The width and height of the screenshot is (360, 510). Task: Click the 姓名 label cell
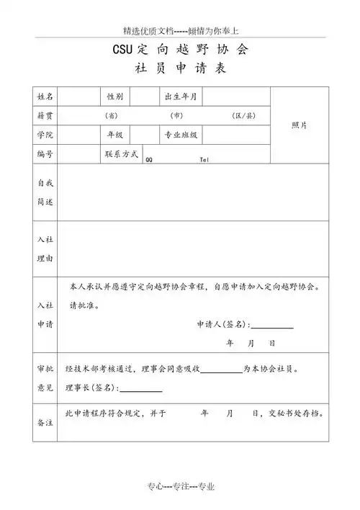point(45,97)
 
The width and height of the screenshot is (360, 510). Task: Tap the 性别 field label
point(114,97)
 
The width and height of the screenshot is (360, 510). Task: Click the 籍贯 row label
point(45,115)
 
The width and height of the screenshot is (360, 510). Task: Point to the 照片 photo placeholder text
point(299,125)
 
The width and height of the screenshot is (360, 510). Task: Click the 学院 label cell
point(45,135)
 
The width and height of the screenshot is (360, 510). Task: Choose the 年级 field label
point(114,135)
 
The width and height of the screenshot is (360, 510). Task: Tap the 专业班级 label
point(182,135)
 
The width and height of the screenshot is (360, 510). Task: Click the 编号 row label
point(45,154)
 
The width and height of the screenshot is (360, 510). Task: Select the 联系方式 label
point(121,153)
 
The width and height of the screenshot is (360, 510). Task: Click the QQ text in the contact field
point(148,161)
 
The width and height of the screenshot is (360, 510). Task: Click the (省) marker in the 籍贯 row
point(112,115)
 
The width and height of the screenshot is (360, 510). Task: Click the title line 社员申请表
point(180,70)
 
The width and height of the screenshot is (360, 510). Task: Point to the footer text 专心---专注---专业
point(180,487)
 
